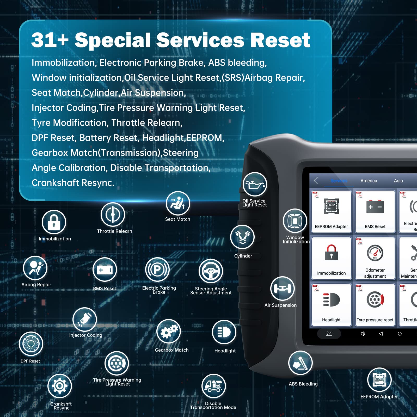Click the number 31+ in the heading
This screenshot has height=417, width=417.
[50, 40]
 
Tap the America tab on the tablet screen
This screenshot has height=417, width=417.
[369, 181]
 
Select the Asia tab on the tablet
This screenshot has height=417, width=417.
[398, 181]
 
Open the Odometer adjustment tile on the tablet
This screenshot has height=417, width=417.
[375, 258]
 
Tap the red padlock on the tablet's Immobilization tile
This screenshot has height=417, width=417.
[331, 252]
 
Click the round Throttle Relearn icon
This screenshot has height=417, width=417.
[113, 215]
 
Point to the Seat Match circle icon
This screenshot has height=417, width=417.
[178, 203]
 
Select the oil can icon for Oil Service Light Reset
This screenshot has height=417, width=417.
[255, 184]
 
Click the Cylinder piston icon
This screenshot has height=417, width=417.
[242, 237]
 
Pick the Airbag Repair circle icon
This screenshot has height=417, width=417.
[35, 268]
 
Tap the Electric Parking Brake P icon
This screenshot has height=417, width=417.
[157, 269]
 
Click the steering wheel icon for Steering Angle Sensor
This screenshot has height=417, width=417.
[211, 271]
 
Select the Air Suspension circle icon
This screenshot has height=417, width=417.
[283, 289]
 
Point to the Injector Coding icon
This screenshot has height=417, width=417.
[85, 320]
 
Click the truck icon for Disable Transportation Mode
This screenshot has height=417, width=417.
[213, 386]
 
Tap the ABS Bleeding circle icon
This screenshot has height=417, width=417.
[301, 363]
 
